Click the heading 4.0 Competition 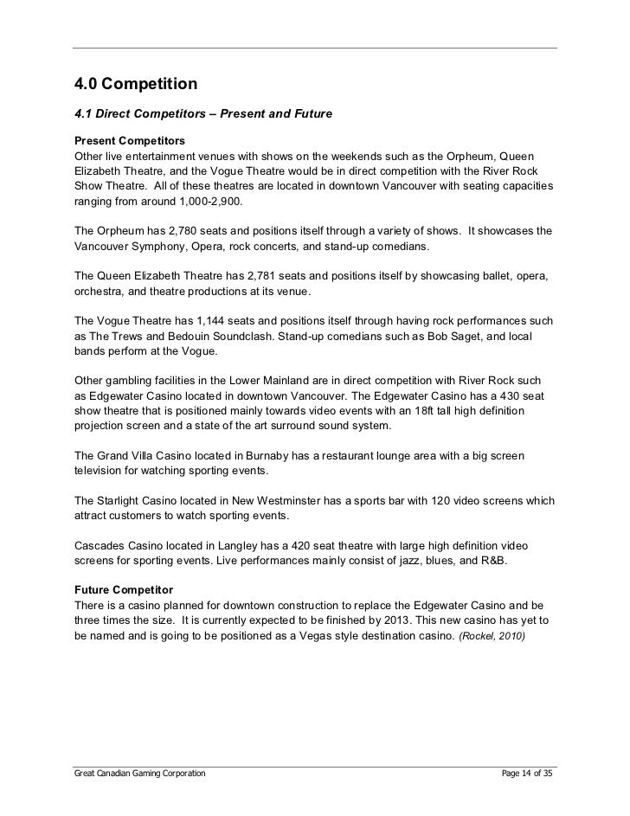[137, 85]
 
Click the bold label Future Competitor [125, 588]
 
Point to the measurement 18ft [402, 411]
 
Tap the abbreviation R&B [493, 560]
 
